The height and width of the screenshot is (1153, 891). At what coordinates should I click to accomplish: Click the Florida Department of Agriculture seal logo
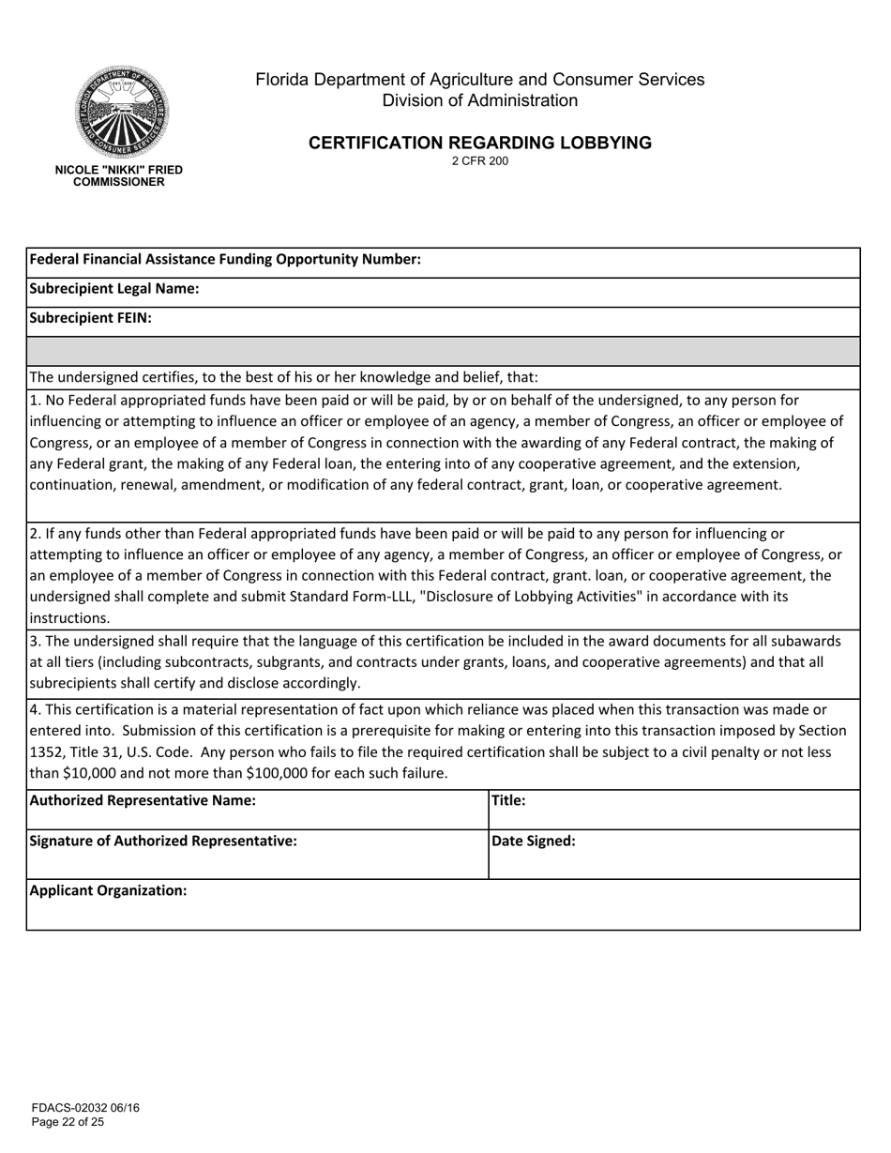[122, 113]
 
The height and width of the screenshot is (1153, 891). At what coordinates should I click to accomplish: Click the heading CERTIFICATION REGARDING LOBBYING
[479, 143]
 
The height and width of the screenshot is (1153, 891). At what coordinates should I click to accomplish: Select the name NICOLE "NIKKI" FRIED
[119, 170]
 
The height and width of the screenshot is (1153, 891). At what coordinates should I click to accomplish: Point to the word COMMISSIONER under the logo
[119, 182]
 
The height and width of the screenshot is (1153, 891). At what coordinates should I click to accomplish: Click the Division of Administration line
[479, 100]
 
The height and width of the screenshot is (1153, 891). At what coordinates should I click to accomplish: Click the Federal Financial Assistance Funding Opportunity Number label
[225, 260]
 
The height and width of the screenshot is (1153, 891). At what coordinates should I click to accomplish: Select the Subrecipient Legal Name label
[114, 289]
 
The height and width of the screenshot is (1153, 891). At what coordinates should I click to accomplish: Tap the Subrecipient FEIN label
[91, 318]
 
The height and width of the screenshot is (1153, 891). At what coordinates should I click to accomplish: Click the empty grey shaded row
[443, 351]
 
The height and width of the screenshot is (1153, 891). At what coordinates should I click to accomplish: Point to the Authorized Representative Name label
[143, 801]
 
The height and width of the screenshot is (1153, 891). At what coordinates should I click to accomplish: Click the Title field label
[508, 801]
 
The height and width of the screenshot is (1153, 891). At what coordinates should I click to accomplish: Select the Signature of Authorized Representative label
[163, 842]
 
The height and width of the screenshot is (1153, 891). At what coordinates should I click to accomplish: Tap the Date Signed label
[534, 842]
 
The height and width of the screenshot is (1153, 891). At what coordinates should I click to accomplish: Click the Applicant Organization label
[108, 890]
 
